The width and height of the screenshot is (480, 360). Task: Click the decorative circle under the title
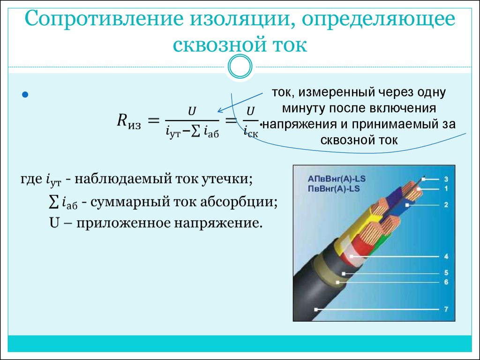point(240,67)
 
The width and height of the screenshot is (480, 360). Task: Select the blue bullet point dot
point(25,95)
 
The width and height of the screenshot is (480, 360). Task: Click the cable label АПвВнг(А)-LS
point(337,179)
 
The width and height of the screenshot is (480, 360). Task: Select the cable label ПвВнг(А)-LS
point(334,188)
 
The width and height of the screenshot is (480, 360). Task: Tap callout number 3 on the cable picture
point(446,180)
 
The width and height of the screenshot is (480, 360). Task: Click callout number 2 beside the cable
point(446,205)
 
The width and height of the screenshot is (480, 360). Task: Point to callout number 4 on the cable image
point(446,256)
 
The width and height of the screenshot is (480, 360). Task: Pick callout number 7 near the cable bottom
point(446,309)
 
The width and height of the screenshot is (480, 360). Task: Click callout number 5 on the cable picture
point(446,273)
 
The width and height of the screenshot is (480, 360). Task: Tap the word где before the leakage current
point(31,179)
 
